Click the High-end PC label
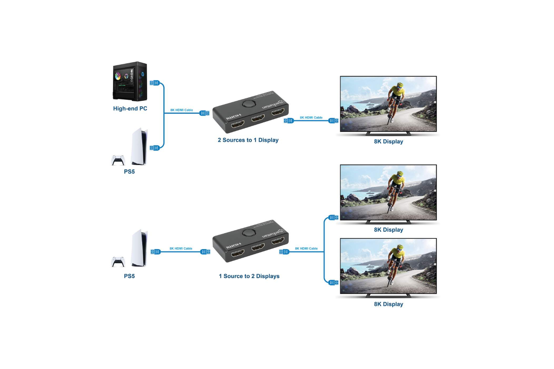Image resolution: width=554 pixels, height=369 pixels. (x=130, y=108)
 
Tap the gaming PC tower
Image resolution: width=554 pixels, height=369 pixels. (x=130, y=82)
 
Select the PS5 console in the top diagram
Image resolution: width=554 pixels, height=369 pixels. (x=140, y=146)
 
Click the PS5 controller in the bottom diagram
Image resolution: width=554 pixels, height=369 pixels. (x=118, y=262)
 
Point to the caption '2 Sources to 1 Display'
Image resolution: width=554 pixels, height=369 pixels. (x=248, y=140)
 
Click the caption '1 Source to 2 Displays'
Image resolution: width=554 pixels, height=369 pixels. (x=249, y=276)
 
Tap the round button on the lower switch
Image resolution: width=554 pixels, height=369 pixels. (x=249, y=233)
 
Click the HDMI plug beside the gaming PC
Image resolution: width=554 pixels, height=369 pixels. (x=155, y=83)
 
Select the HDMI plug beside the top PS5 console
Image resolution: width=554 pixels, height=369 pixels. (x=155, y=148)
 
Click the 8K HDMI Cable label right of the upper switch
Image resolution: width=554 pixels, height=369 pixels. (x=311, y=118)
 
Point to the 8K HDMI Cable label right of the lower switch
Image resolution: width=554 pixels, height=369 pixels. (x=306, y=249)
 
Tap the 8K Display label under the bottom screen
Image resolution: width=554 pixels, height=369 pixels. (x=388, y=304)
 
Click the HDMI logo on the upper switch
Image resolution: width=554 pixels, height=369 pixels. (x=234, y=117)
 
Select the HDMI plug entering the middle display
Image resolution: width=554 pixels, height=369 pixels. (x=333, y=218)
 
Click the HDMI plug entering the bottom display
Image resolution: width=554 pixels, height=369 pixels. (x=333, y=283)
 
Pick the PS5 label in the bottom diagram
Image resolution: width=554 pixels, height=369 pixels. (x=129, y=276)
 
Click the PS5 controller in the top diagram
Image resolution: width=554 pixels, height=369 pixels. (x=118, y=160)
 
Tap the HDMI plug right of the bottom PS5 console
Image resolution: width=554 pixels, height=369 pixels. (x=155, y=252)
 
